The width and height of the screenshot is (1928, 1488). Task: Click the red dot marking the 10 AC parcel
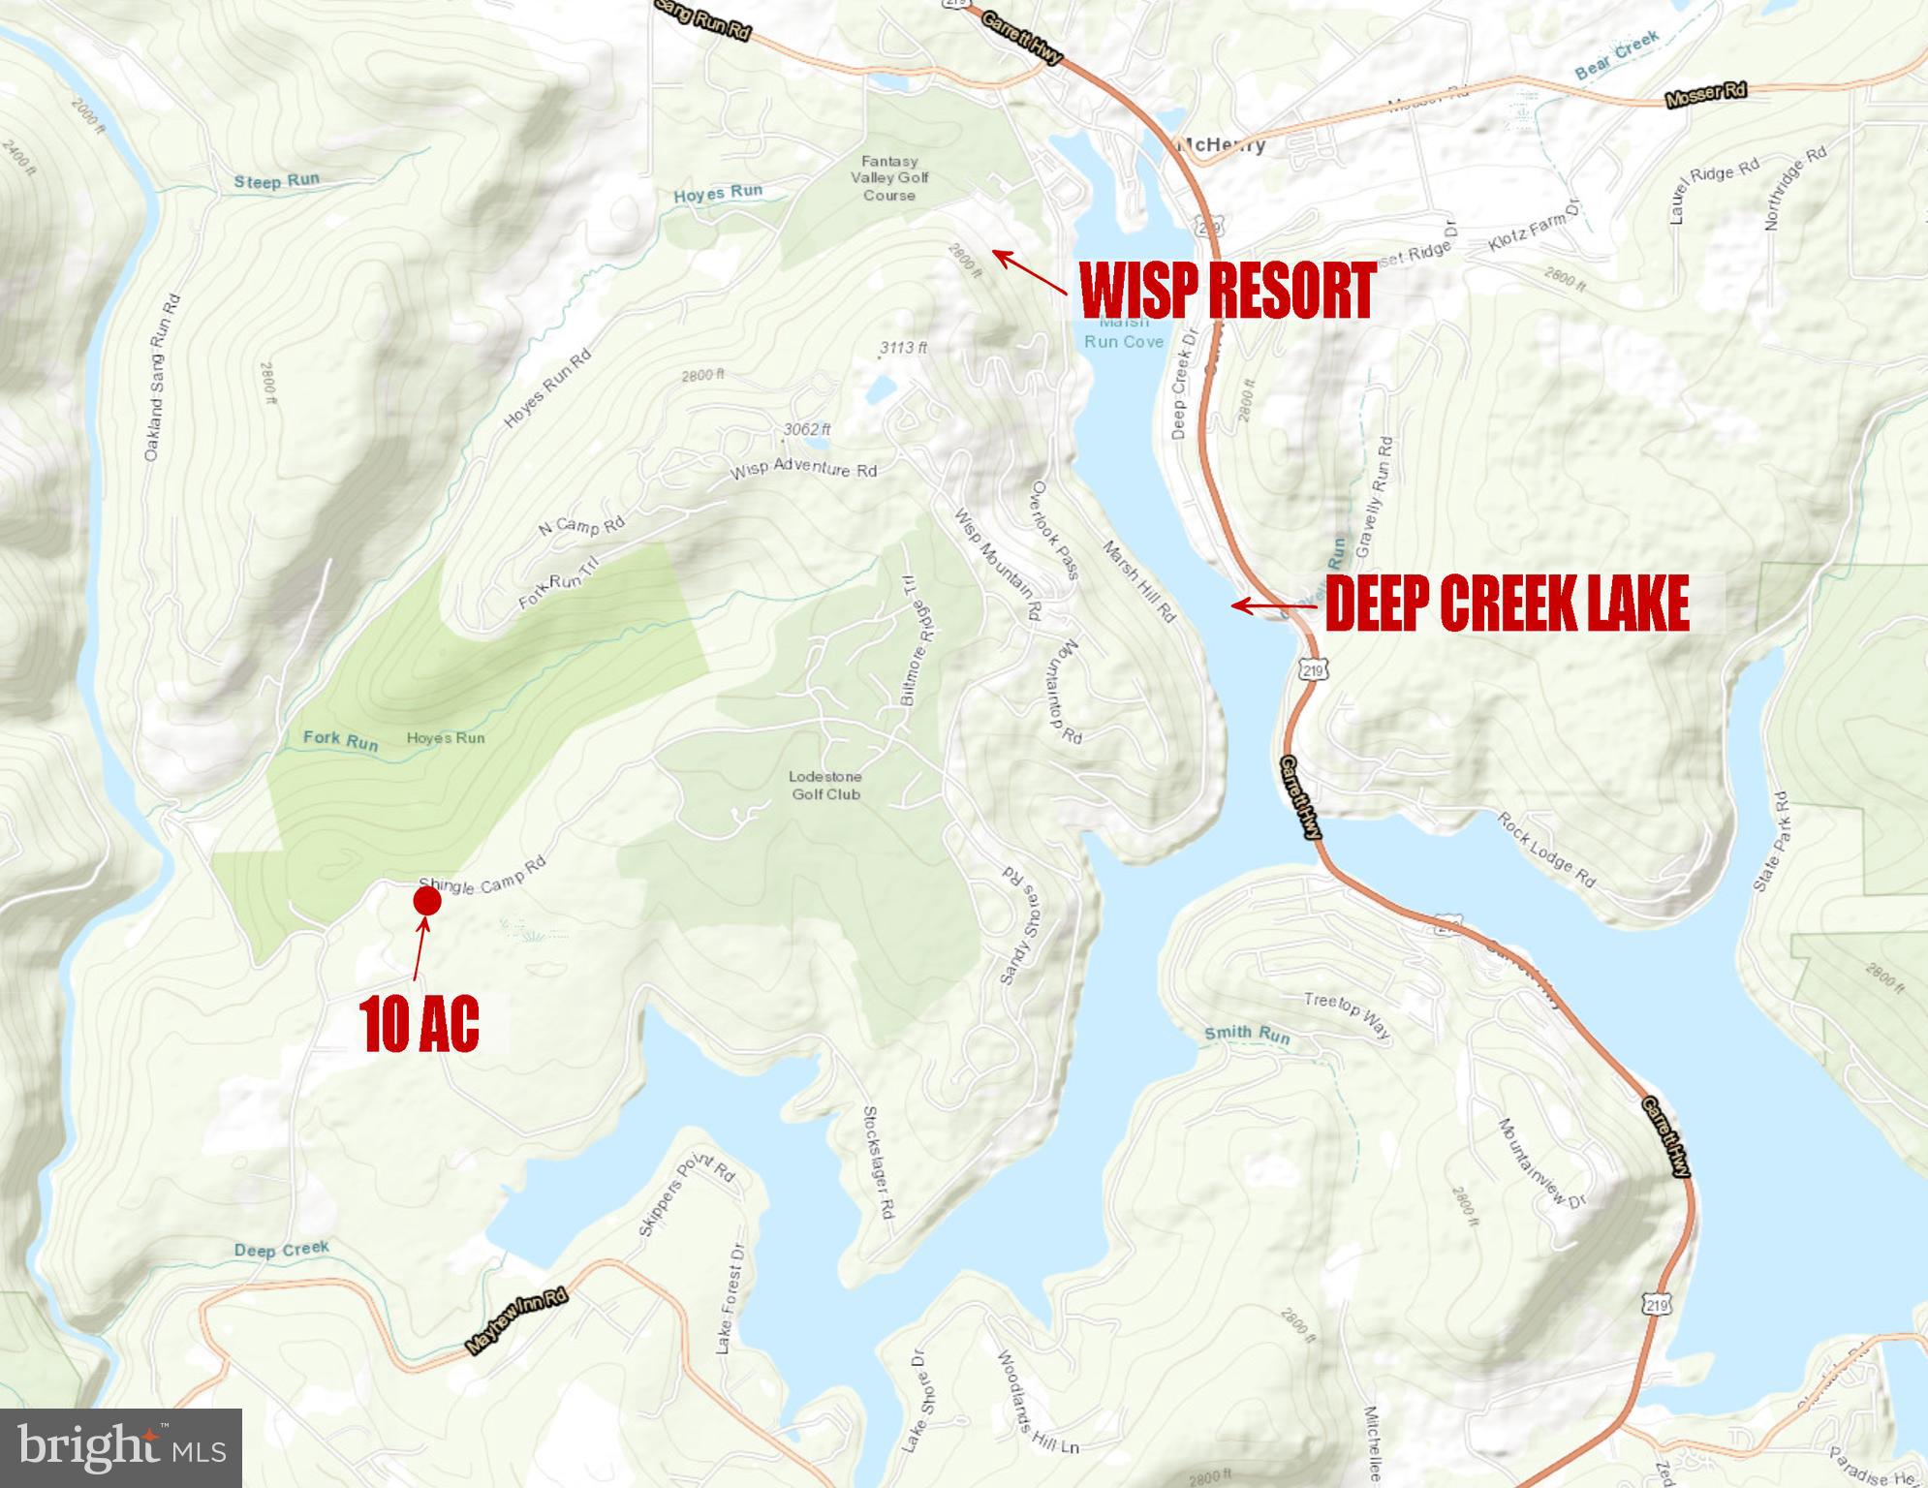427,901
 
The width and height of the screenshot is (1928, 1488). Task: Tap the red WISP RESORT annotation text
1227,290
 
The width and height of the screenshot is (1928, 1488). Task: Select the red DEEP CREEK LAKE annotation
1507,604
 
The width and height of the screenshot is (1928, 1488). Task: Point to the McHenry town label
1221,145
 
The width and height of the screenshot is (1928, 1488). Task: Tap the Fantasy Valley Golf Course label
889,178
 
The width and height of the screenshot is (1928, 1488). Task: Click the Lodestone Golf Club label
825,786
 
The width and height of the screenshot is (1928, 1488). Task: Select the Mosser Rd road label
1705,95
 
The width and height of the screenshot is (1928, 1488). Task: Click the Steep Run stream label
276,181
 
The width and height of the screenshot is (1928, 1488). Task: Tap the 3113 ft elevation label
903,347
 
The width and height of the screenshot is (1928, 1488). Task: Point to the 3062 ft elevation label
807,429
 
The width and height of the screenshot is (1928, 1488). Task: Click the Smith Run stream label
1247,1035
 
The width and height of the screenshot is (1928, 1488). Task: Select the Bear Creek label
1617,55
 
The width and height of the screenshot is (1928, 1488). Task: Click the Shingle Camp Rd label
482,875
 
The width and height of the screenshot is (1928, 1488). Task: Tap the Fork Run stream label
340,740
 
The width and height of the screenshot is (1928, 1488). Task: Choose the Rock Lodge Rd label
1546,851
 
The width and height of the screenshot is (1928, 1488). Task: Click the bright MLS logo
121,1447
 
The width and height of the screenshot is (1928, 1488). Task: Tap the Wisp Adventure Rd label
803,470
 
